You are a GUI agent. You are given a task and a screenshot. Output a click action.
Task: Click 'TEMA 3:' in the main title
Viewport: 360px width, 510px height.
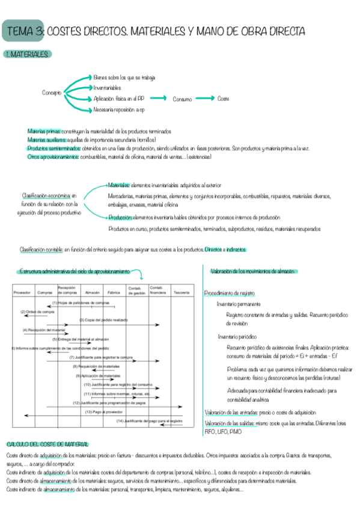(x=23, y=31)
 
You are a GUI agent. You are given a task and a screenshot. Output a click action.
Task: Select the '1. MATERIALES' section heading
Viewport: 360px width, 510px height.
(x=27, y=55)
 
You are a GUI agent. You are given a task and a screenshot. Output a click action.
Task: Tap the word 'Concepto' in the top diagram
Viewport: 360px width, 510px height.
(x=52, y=93)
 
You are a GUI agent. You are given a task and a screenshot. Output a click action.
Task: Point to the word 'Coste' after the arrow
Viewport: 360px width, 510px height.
(x=224, y=99)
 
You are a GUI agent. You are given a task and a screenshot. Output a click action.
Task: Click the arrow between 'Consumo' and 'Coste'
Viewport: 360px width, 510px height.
(x=204, y=99)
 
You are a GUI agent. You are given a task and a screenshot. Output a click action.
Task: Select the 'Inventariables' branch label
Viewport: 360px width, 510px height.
(x=108, y=88)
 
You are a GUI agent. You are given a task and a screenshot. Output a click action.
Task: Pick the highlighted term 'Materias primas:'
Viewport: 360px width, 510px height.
(x=44, y=131)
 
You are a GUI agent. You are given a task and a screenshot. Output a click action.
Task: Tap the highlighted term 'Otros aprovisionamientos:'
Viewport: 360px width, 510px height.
(x=53, y=156)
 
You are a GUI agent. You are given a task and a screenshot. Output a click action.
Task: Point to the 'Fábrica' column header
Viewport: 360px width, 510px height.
(x=114, y=292)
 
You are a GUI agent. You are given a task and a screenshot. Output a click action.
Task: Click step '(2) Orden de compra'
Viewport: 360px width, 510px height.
(x=38, y=312)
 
